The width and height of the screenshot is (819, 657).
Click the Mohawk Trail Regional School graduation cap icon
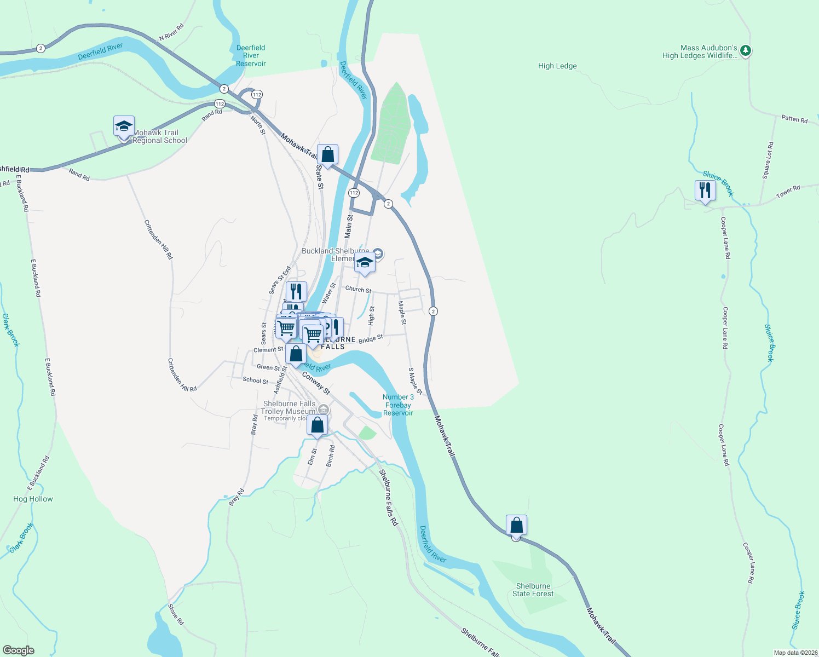pos(124,127)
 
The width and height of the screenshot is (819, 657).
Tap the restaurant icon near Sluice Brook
pos(705,191)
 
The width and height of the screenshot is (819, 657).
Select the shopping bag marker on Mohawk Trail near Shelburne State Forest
pos(516,526)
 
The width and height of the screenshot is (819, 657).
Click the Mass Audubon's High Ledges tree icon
pos(745,51)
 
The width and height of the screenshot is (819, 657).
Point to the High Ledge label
pos(557,66)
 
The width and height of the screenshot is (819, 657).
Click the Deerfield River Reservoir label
pos(251,56)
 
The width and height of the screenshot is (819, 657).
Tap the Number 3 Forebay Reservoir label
pos(398,405)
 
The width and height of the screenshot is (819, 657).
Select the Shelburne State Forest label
pos(533,590)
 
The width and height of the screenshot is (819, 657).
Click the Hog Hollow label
pos(33,499)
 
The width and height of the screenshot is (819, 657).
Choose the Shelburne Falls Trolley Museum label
pos(289,408)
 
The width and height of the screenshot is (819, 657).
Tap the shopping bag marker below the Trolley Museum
pos(317,425)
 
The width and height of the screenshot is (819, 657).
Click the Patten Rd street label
pos(794,119)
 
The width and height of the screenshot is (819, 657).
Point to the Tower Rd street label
pos(788,192)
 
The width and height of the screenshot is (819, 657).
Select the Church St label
pos(358,289)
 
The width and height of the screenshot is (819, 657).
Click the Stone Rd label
pos(176,614)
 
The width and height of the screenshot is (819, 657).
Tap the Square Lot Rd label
pos(768,160)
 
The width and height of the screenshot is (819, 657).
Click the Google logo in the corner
pos(19,650)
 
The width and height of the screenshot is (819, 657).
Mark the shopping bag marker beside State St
pos(327,155)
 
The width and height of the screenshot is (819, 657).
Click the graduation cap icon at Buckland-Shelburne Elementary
pos(364,263)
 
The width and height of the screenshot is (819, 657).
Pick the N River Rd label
pos(171,32)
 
